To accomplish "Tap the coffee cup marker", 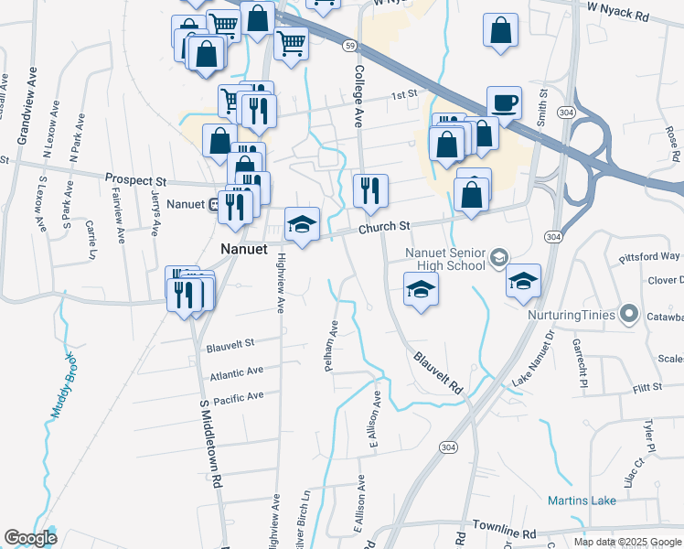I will (504, 103).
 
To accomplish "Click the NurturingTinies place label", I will (572, 315).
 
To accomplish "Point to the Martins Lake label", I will (582, 501).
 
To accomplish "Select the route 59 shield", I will (349, 44).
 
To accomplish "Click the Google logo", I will (30, 538).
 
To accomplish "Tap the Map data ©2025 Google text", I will (627, 542).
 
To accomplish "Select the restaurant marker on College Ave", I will (370, 190).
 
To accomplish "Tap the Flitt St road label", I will (647, 388).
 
